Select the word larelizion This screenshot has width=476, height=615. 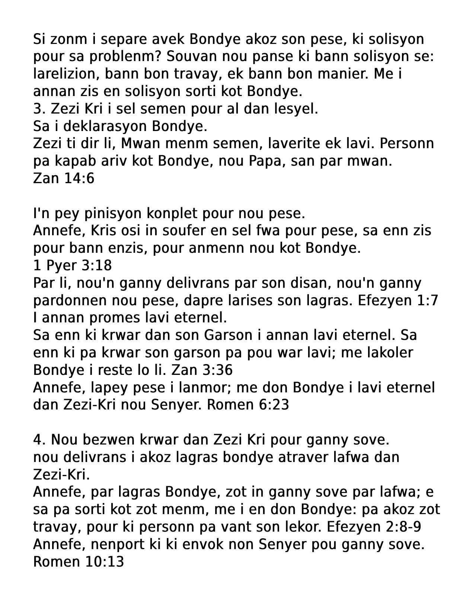(x=65, y=74)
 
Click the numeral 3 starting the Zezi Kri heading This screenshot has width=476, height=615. (x=37, y=109)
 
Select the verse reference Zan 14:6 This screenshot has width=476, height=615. (x=64, y=179)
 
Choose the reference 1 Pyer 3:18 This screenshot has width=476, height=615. (x=72, y=265)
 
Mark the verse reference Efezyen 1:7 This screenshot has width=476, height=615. (x=397, y=300)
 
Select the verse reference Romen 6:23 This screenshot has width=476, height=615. (x=247, y=405)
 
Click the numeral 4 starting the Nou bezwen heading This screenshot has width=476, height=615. (x=37, y=440)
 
